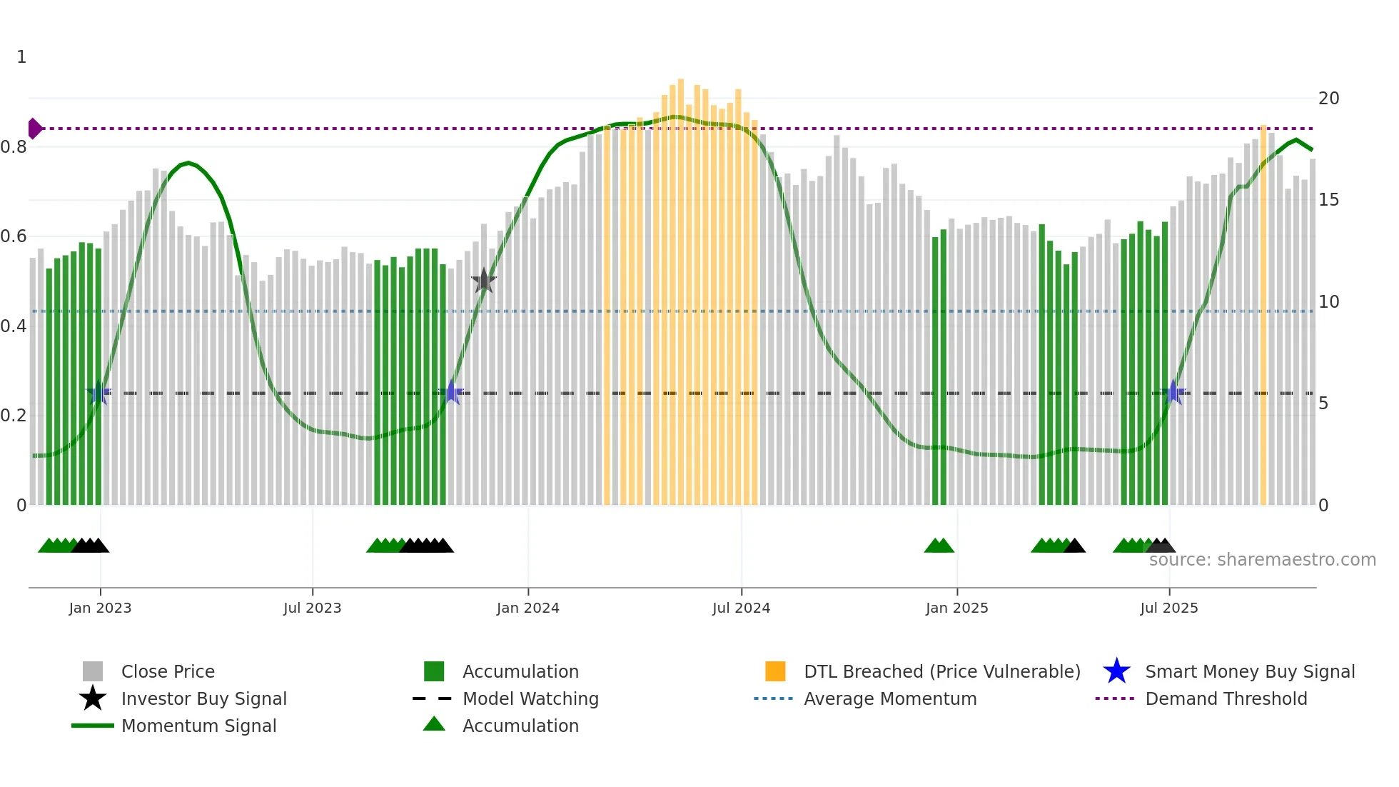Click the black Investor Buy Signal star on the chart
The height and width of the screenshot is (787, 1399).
click(484, 281)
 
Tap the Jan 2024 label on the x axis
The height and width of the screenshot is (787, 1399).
click(527, 608)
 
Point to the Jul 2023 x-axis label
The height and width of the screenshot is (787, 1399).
click(312, 608)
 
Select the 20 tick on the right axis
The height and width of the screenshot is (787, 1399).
click(1328, 99)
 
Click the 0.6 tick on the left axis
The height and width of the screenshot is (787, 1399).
click(14, 236)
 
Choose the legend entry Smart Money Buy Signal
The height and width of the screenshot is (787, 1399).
click(1249, 671)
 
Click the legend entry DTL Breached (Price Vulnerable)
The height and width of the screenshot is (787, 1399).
click(941, 671)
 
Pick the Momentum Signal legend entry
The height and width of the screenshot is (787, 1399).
click(198, 726)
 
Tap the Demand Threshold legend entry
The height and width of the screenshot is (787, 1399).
click(1226, 698)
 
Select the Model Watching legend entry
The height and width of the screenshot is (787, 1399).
click(530, 698)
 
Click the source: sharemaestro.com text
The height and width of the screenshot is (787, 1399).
click(1262, 559)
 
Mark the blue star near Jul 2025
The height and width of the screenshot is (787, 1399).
click(1173, 392)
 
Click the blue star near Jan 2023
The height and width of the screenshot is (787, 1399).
click(99, 392)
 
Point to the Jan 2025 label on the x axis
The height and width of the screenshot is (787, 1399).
click(956, 608)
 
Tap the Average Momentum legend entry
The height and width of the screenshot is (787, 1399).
click(889, 698)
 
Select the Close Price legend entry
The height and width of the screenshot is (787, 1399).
click(168, 671)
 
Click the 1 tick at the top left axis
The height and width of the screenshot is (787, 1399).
click(21, 57)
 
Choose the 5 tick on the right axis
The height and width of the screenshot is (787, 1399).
click(1323, 403)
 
